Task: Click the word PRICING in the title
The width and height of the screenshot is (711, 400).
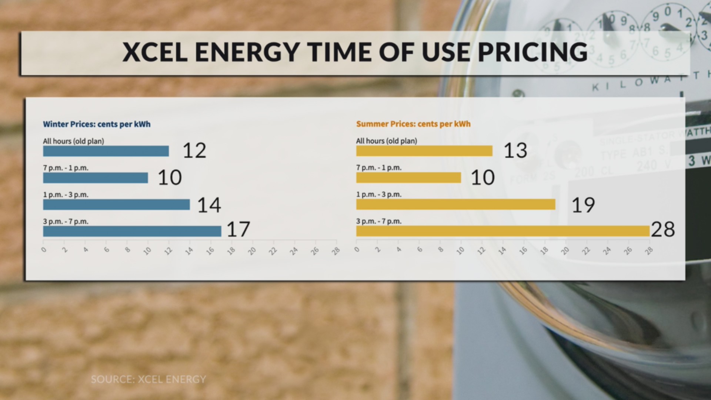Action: coord(533,52)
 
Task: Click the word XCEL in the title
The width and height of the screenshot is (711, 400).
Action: coord(154,52)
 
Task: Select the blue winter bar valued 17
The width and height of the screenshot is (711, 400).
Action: coord(132,231)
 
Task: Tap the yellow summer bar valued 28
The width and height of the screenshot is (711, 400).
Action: coord(503,231)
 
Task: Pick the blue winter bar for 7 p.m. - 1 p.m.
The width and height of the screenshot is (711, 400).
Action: coord(95,178)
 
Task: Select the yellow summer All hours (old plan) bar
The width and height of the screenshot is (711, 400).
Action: coord(424,151)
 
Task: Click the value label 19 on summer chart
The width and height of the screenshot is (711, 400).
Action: coord(583,205)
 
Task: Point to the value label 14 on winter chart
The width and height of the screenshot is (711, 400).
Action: coord(209,205)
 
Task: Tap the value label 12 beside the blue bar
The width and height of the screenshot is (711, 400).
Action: coord(194,151)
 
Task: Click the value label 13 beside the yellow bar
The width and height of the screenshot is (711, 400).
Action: coord(515,151)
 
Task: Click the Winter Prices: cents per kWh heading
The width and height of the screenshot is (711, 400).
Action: coord(97,124)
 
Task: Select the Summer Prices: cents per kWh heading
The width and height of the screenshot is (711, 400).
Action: coord(413,124)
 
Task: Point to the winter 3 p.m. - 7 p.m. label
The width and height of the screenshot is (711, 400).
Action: coord(66,221)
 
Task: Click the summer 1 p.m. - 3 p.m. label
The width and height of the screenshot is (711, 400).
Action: coord(378,194)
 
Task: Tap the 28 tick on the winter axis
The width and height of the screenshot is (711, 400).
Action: coord(336,251)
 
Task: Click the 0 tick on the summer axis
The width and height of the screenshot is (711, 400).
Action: coord(357,249)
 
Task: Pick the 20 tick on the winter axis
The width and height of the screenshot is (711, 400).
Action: coord(252,251)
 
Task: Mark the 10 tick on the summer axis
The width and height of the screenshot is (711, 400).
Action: coord(460,251)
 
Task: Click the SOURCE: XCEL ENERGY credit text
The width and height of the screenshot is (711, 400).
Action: coord(148,379)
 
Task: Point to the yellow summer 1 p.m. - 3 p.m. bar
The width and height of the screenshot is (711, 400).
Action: coord(455,204)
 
